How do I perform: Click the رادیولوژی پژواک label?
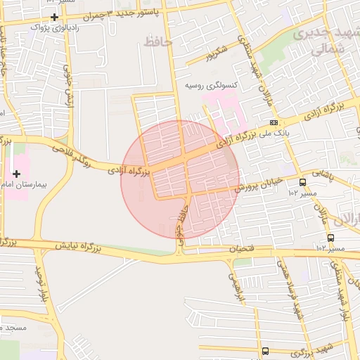[53, 27]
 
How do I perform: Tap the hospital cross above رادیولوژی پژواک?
[54, 16]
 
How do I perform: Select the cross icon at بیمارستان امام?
[16, 173]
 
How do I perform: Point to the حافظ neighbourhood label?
[157, 42]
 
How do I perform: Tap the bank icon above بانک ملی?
[274, 122]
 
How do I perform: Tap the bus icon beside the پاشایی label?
[302, 182]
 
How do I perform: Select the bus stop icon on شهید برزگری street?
[265, 350]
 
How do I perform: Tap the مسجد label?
[14, 328]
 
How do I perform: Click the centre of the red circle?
[181, 179]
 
